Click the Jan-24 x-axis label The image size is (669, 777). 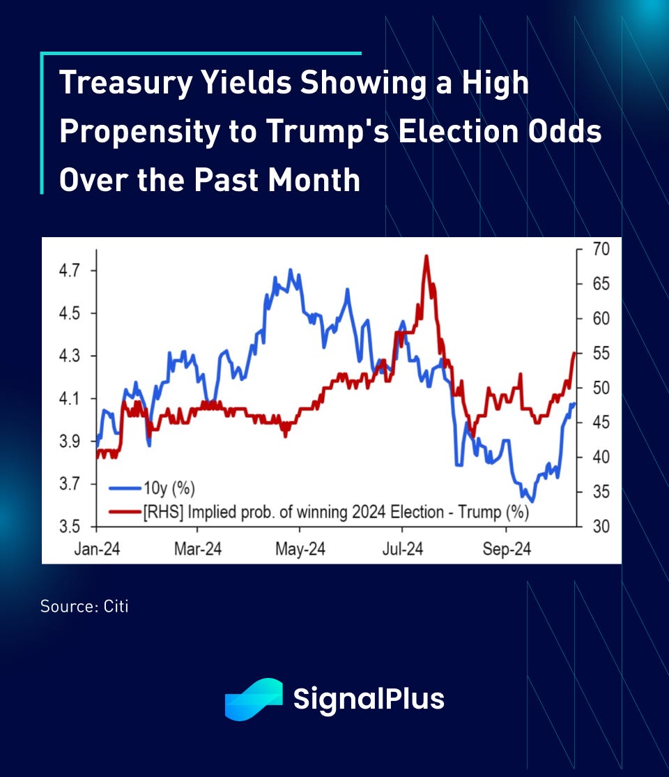(x=97, y=550)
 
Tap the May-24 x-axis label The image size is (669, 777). (x=300, y=550)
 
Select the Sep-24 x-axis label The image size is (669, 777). (x=507, y=550)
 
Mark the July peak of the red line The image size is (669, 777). (x=425, y=257)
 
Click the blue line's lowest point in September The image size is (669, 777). (x=532, y=501)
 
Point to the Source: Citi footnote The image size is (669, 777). (x=84, y=606)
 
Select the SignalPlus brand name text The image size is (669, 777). (x=369, y=699)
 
